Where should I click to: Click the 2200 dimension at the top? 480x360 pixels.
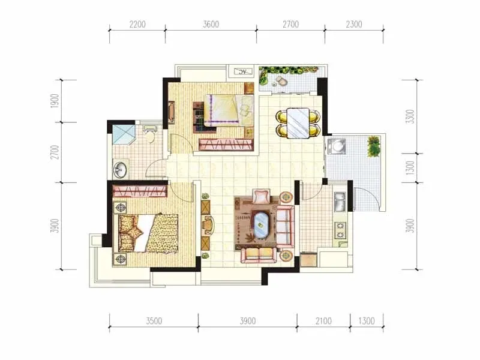tap(137, 24)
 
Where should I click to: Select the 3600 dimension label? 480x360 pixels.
tap(211, 24)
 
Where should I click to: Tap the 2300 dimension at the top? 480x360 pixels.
tap(354, 24)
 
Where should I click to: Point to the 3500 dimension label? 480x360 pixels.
tap(154, 321)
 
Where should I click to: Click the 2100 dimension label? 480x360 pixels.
tap(323, 321)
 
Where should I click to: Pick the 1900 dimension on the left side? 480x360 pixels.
tap(55, 101)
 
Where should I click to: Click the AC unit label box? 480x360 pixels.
tap(243, 71)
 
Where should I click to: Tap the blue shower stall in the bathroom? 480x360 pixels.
tap(124, 134)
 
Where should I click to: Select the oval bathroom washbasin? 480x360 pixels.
tap(119, 169)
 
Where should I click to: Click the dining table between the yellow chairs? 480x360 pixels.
tap(298, 123)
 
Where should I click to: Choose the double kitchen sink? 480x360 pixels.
tap(340, 202)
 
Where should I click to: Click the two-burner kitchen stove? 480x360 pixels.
tap(340, 230)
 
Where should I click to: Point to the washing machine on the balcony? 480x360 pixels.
tap(336, 146)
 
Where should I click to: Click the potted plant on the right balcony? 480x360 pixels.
tap(373, 146)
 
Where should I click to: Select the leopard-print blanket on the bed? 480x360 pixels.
tap(163, 234)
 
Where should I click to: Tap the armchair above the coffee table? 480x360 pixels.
tap(262, 197)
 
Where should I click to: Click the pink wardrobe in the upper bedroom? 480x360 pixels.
tap(226, 145)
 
